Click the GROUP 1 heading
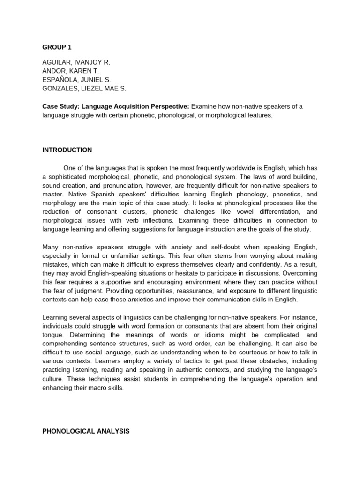pos(58,47)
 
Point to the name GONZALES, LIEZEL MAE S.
pos(84,88)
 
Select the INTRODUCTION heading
pos(67,150)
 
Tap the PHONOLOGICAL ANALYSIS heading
pos(86,431)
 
